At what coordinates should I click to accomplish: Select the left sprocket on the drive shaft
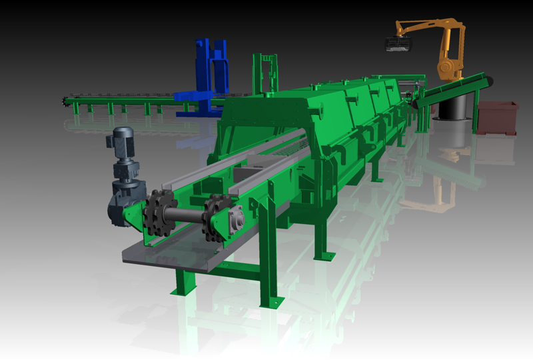[159, 213]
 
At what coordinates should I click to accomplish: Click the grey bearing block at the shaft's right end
[234, 219]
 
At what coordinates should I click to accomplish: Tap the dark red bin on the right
[498, 118]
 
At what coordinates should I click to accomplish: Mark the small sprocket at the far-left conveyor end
[65, 102]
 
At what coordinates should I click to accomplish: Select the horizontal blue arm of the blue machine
[193, 96]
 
